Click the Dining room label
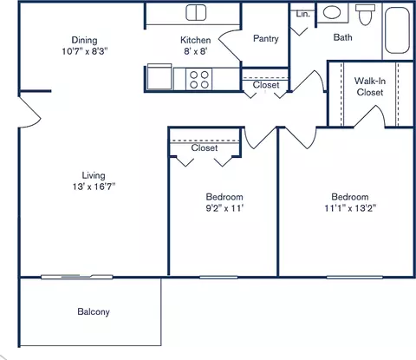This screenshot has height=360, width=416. point(84,40)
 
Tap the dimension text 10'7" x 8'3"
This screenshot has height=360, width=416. point(84,51)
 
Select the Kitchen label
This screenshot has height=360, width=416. point(195,40)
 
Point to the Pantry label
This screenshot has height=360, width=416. point(265,39)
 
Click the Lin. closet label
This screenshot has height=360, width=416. point(302,15)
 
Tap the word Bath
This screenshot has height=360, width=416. point(343,37)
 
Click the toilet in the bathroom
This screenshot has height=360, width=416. point(363,15)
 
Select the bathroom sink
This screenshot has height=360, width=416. point(332,14)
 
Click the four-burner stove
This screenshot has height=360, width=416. point(198,79)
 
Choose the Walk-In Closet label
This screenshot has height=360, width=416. point(369,86)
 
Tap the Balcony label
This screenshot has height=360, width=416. point(94,311)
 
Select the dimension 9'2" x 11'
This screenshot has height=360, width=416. point(224,208)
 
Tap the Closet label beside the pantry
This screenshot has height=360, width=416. point(266,85)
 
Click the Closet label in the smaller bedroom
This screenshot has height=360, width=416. point(205,148)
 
